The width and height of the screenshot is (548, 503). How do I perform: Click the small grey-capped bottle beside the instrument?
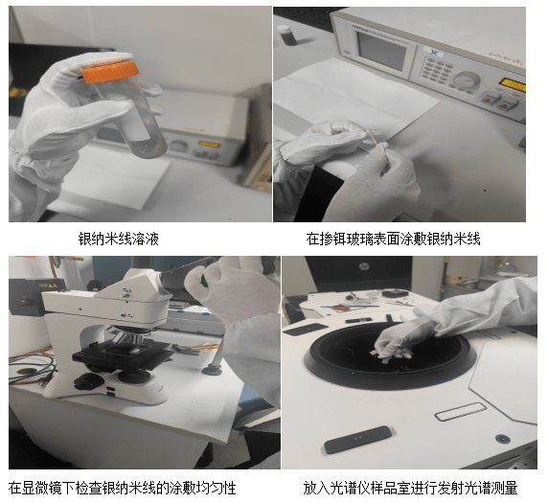coord(285,34)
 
